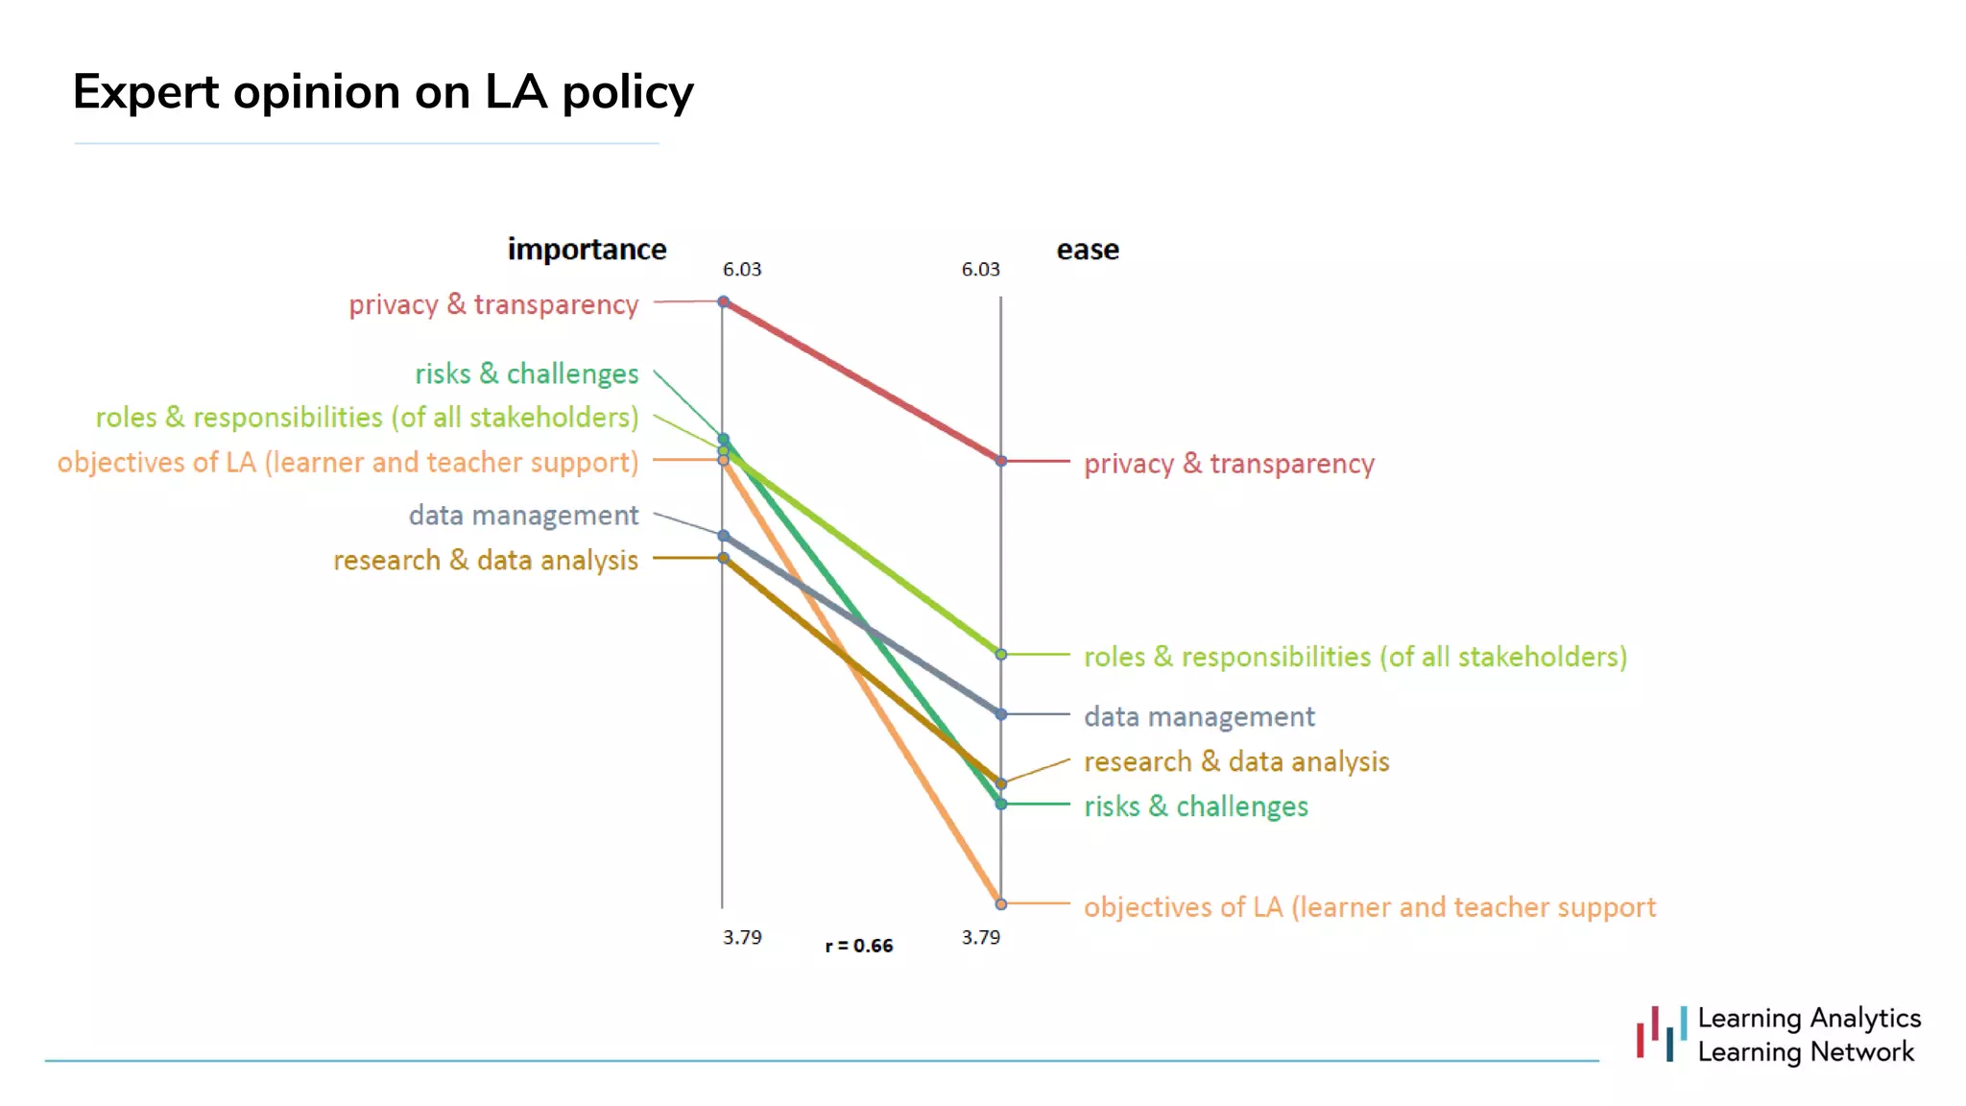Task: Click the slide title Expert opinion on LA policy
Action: tap(382, 93)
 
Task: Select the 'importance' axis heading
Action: tap(587, 250)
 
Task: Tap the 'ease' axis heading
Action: tap(1087, 250)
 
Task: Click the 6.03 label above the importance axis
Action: tap(741, 270)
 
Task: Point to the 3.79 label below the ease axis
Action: tap(980, 937)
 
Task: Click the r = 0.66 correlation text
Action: tap(858, 946)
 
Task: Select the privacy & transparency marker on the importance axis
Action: tap(724, 301)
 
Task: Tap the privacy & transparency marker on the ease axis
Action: tap(1000, 461)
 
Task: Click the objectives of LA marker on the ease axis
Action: tap(1000, 903)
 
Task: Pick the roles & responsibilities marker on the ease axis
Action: tap(1000, 654)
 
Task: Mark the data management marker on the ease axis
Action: tap(1000, 714)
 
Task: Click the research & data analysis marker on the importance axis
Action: tap(724, 558)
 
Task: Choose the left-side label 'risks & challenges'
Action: tap(526, 373)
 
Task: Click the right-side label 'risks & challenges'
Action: tap(1195, 806)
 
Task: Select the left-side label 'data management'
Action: tap(523, 516)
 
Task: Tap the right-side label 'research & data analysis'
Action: tap(1236, 761)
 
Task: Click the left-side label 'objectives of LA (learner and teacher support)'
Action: tap(348, 463)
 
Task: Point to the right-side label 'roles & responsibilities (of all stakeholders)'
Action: tap(1355, 657)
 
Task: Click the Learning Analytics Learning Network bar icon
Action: tap(1661, 1034)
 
